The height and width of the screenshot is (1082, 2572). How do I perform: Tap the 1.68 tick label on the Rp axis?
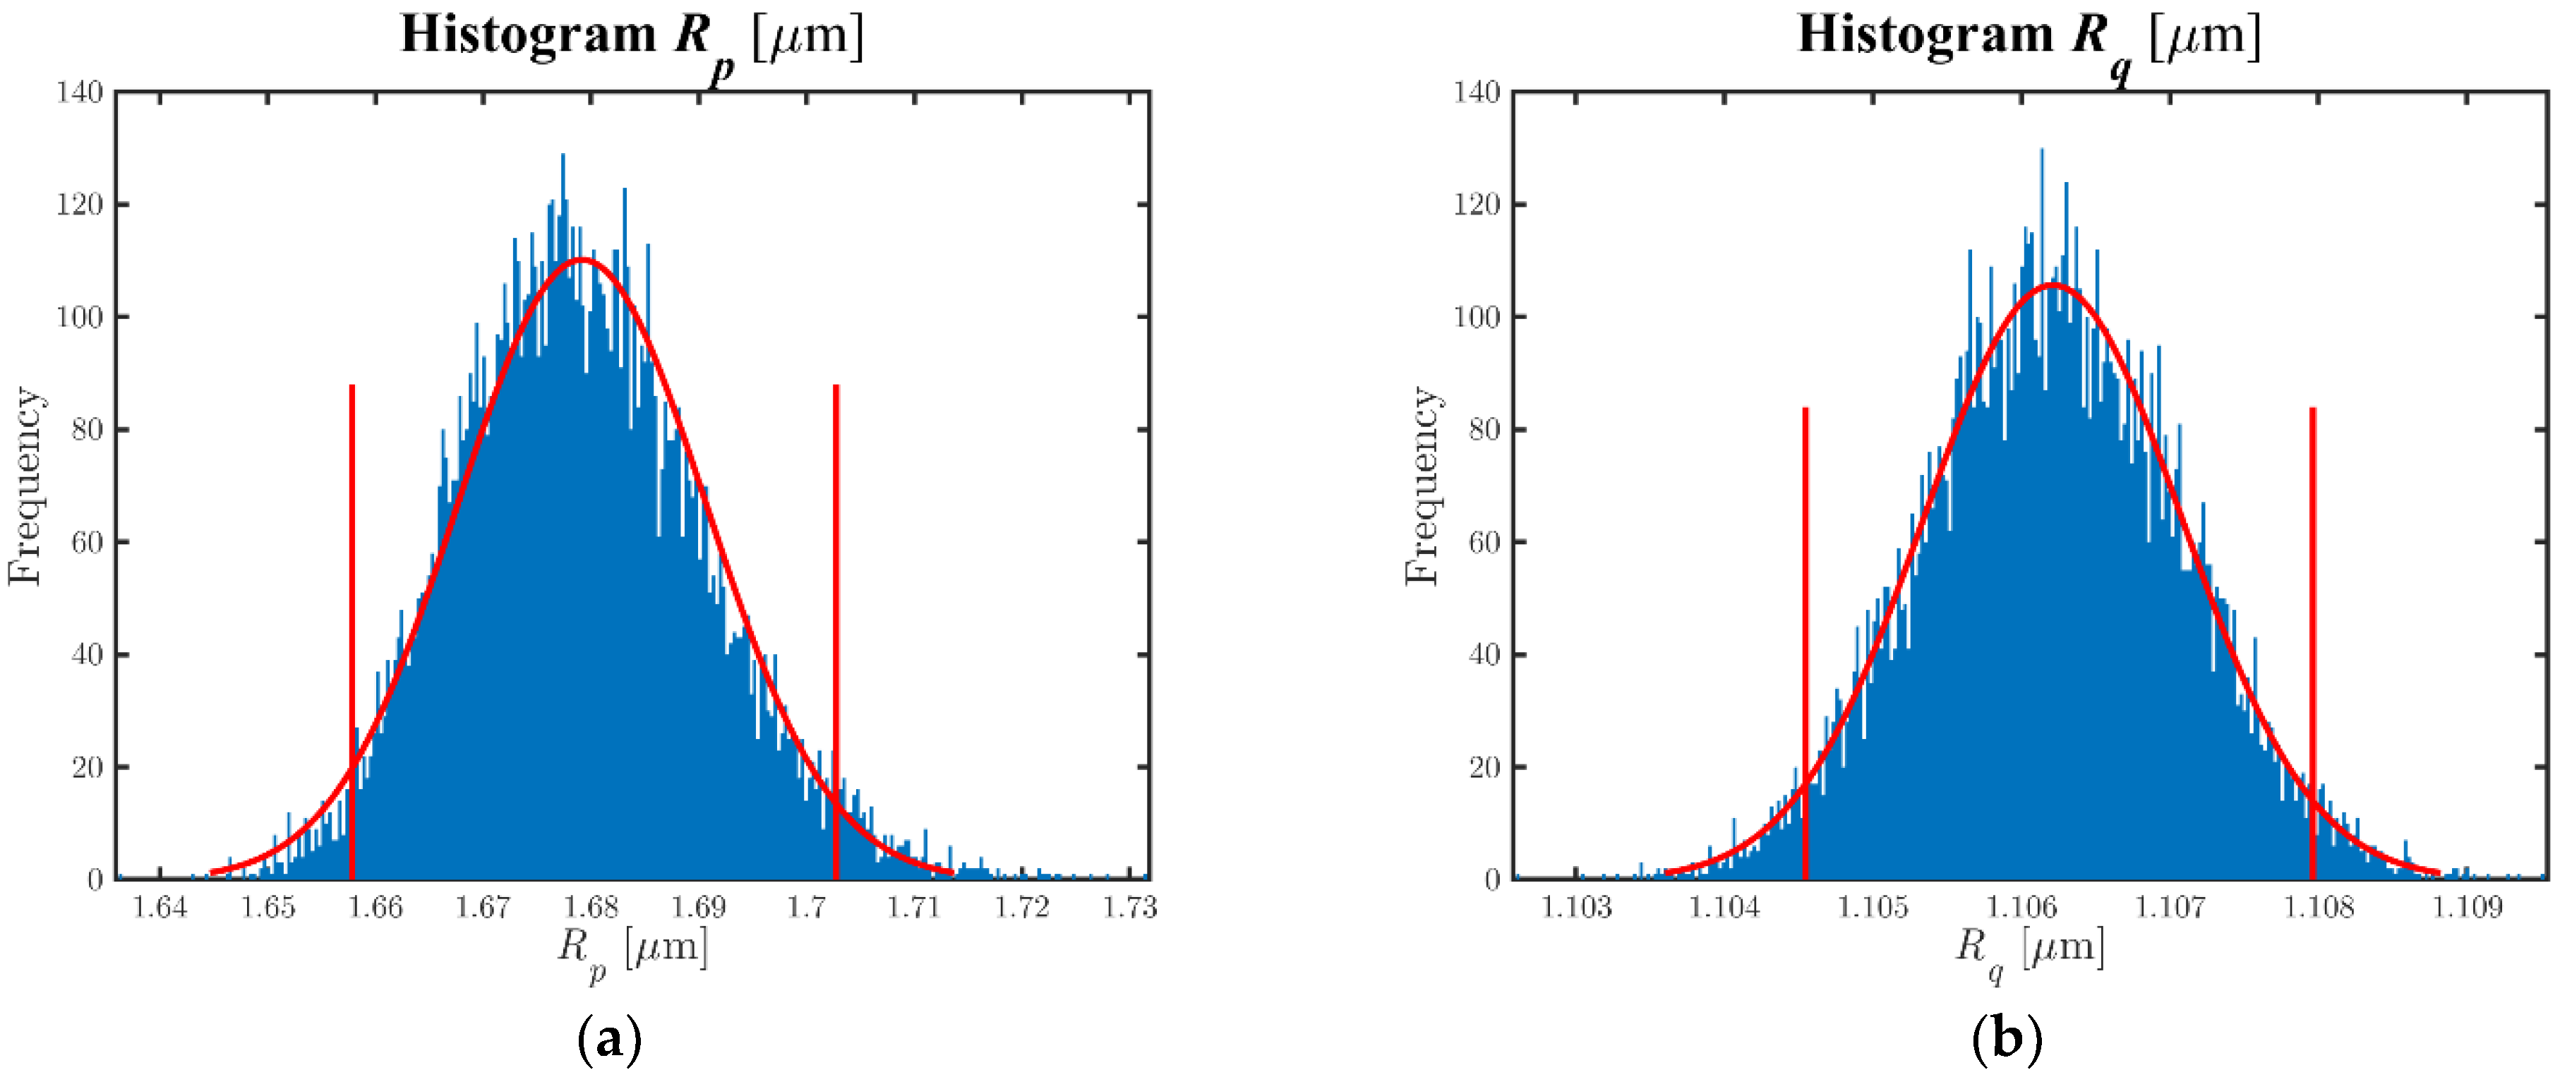[x=591, y=908]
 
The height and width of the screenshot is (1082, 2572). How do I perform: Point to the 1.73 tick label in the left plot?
[x=1129, y=908]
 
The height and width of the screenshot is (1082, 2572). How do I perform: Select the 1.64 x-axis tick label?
[x=160, y=908]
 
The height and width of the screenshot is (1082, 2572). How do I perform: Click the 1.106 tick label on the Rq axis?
[x=2022, y=908]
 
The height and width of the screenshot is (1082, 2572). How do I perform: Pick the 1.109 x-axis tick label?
[x=2467, y=908]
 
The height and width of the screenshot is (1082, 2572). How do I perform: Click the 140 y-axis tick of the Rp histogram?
[x=80, y=93]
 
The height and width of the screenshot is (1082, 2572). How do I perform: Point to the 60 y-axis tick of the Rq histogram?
[x=1484, y=543]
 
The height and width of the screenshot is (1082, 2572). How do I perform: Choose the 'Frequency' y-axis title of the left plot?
[x=26, y=486]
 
